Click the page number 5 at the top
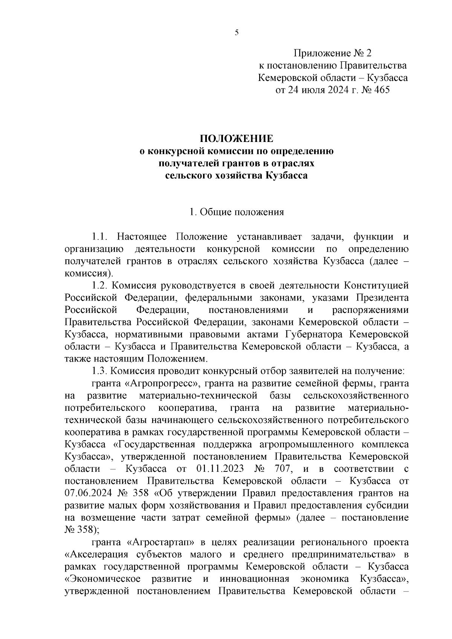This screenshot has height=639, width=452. click(237, 33)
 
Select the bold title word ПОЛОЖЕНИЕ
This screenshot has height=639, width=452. click(237, 139)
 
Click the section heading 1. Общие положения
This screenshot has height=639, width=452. click(237, 212)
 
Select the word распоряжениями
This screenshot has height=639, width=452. click(370, 310)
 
